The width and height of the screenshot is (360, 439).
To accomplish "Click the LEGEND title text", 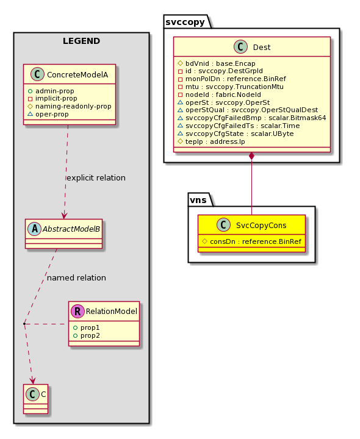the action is pos(81,41).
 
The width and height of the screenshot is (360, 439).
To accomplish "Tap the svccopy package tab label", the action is pos(185,22).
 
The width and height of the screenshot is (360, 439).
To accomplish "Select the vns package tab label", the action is pos(198,200).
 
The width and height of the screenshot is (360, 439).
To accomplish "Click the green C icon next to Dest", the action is pos(240,47).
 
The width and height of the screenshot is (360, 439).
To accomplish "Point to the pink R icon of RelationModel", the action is pos(78,311).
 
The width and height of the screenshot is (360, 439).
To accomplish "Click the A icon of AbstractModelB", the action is pos(34,229).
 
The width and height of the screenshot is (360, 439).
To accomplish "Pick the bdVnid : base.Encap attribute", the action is pos(220,63).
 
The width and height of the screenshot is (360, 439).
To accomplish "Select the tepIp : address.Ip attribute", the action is pos(215,141).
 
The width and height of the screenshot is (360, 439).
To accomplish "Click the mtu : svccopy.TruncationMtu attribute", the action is pos(234,87).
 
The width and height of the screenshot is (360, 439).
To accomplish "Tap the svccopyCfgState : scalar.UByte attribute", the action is pos(240,134).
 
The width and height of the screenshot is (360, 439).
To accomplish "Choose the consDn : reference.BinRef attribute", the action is pos(256,241).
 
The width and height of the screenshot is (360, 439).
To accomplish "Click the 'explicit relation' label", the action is pos(96,178).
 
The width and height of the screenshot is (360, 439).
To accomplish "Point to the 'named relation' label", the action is pos(76,278).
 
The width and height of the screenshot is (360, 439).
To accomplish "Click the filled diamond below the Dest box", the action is pos(251,156).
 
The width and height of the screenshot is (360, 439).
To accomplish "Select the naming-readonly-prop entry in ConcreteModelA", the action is pos(73,106).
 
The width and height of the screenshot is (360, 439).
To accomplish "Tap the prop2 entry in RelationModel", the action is pos(90,335).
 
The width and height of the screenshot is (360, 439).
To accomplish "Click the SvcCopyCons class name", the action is pos(261,226).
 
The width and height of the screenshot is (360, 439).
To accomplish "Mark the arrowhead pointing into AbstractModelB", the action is pos(65,215).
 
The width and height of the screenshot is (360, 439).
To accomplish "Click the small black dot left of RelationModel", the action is pos(24,324).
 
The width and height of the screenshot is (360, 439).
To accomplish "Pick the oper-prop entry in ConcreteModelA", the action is pos(52,115).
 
